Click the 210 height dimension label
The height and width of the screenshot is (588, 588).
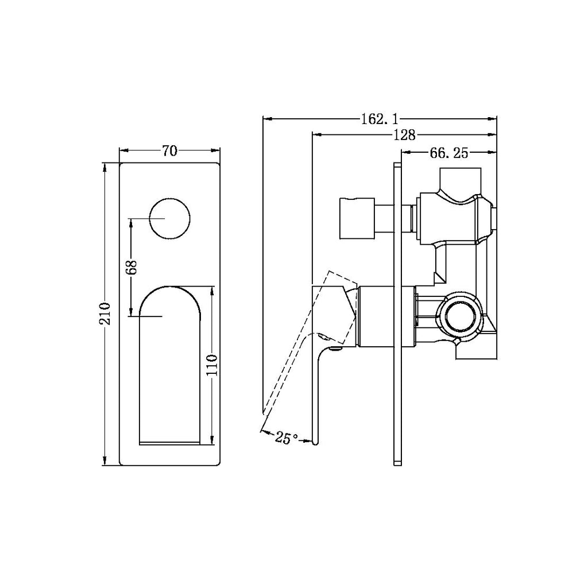tap(105, 314)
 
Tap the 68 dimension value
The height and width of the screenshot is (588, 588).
tap(131, 268)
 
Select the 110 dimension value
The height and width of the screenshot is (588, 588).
tap(212, 365)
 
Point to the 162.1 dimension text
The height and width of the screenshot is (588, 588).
tap(379, 119)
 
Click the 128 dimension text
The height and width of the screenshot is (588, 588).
tap(405, 136)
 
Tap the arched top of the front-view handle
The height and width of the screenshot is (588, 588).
tap(171, 288)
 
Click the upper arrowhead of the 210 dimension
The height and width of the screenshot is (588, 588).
tap(105, 167)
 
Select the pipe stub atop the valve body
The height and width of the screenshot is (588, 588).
tap(459, 178)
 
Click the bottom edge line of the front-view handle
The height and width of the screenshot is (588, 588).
tap(170, 443)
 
